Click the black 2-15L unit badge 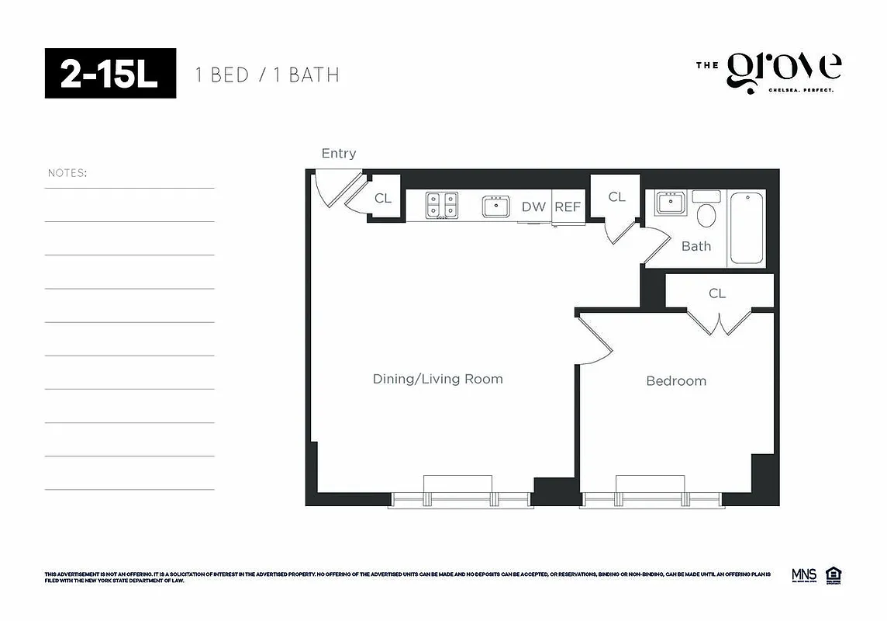(x=110, y=74)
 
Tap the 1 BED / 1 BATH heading (x=267, y=75)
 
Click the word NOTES (x=67, y=173)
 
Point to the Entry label (x=339, y=154)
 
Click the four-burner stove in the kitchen (x=441, y=206)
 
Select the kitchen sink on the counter (x=496, y=206)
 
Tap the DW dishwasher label (x=533, y=207)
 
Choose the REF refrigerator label (x=567, y=207)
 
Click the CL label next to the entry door (x=383, y=199)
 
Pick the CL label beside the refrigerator (x=616, y=197)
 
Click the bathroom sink (x=670, y=204)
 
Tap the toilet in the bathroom (x=706, y=211)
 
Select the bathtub (x=747, y=228)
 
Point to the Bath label (x=695, y=246)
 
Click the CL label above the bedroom (x=717, y=293)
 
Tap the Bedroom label (x=676, y=381)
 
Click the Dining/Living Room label (x=437, y=379)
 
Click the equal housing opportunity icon (x=834, y=575)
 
